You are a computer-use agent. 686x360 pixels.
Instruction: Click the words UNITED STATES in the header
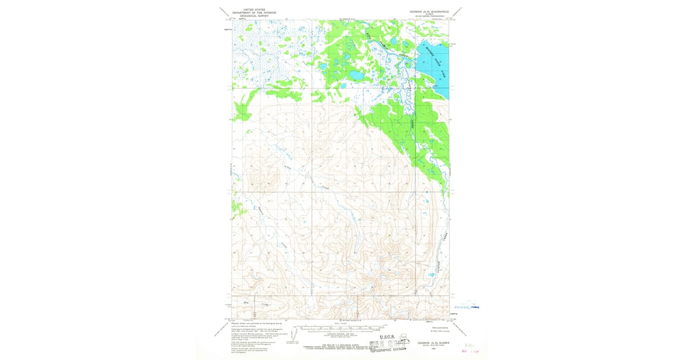tap(254, 10)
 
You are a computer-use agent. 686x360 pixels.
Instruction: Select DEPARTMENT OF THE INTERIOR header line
tap(254, 13)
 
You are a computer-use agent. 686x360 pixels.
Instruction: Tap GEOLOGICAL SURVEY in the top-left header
tap(254, 16)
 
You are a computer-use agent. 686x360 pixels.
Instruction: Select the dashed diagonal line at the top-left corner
tap(225, 13)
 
